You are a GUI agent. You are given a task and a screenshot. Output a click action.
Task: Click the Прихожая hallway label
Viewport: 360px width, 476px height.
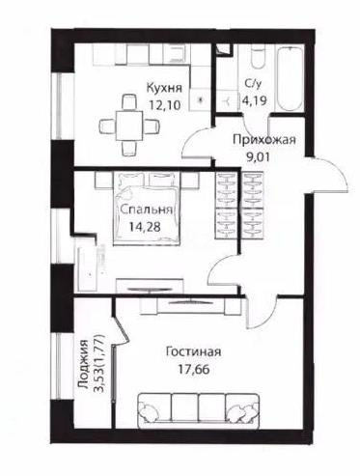263,140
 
